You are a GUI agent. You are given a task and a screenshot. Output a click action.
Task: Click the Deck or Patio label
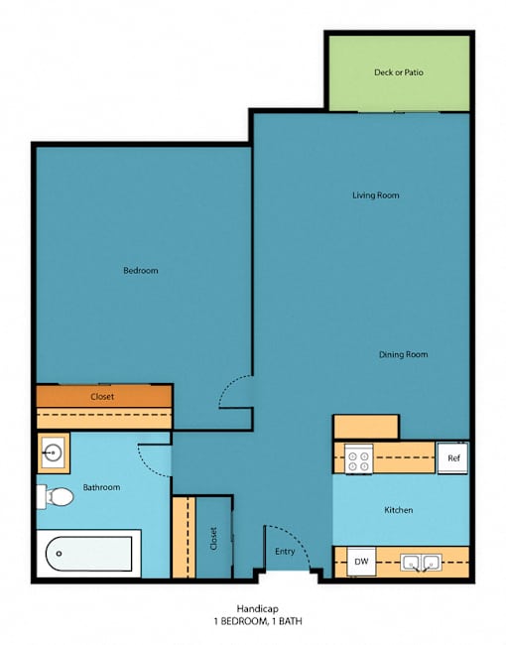tap(398, 72)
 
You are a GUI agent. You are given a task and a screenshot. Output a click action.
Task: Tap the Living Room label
tap(376, 194)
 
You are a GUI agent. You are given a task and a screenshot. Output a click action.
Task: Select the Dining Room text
tap(403, 354)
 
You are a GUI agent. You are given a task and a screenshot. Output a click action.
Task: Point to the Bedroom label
tap(141, 270)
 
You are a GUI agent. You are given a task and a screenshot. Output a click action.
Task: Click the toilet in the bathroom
tap(55, 496)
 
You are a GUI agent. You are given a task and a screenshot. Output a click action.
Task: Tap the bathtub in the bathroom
tap(89, 554)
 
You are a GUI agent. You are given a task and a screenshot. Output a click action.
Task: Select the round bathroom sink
tap(53, 452)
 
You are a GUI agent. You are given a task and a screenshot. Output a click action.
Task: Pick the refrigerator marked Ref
tap(453, 457)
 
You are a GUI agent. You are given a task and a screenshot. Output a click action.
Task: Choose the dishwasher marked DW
tap(361, 561)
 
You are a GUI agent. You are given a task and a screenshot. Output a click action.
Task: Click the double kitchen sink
tap(421, 563)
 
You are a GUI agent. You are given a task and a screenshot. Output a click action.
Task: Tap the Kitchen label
tap(398, 510)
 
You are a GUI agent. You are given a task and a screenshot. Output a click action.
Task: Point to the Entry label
tap(285, 552)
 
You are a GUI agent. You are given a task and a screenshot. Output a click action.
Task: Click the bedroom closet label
tap(102, 397)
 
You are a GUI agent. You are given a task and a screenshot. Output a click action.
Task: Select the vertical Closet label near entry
tap(213, 539)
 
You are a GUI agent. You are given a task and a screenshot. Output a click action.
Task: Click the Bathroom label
tap(101, 487)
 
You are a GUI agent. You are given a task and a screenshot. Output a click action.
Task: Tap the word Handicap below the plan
tap(258, 609)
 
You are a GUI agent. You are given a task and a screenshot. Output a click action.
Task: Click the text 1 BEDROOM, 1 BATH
tap(258, 621)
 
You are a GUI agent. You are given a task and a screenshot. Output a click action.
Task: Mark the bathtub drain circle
tap(59, 554)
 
